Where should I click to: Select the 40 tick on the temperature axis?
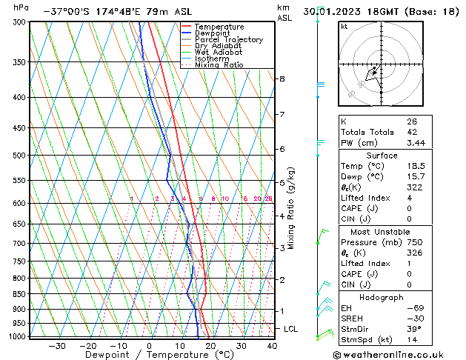272,345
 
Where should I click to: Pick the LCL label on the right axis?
290,328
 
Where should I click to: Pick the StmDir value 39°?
414,329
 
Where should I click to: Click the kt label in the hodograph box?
344,26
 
